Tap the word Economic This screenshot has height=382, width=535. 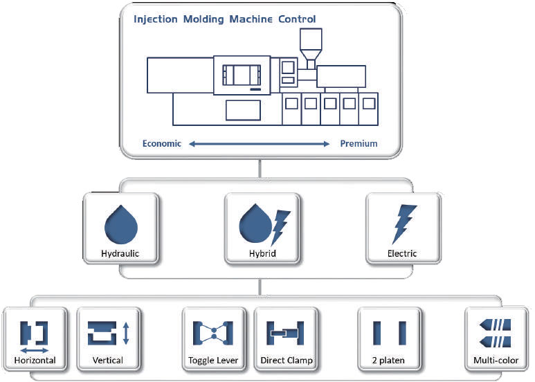coord(162,144)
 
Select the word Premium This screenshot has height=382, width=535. coord(359,144)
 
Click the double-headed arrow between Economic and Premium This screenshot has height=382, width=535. coord(260,144)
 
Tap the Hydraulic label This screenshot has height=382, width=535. coord(120,254)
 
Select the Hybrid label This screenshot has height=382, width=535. coord(262,254)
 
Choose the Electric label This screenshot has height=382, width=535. coord(402,254)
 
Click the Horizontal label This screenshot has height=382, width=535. coord(35,361)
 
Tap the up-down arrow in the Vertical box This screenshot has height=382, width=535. coord(125,334)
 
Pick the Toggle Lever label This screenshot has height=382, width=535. coord(213,361)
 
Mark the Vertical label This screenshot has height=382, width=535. coord(108,361)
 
